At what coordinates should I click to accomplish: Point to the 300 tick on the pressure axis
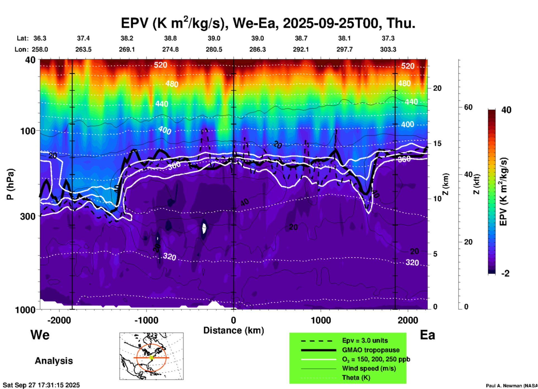[28, 216]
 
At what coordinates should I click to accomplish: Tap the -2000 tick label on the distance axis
[59, 320]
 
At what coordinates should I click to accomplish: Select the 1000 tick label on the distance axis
[320, 320]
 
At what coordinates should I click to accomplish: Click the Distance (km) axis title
[234, 330]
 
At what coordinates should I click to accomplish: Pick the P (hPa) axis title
[10, 184]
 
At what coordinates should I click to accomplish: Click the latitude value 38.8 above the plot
[170, 38]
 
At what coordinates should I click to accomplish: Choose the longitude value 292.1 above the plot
[301, 49]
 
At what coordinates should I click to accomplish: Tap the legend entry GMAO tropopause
[371, 350]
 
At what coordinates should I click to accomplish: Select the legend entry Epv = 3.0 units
[365, 340]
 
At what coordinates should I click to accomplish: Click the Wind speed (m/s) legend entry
[369, 368]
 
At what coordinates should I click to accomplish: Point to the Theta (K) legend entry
[356, 378]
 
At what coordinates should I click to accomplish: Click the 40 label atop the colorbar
[506, 110]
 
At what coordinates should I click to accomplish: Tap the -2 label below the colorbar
[505, 273]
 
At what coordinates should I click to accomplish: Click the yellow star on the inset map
[151, 357]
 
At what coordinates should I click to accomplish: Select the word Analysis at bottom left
[54, 361]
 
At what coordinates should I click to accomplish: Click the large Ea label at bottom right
[427, 335]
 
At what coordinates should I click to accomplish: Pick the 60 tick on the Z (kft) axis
[468, 107]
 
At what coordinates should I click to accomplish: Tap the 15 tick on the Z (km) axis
[437, 143]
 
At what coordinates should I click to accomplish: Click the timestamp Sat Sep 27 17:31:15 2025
[41, 385]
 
